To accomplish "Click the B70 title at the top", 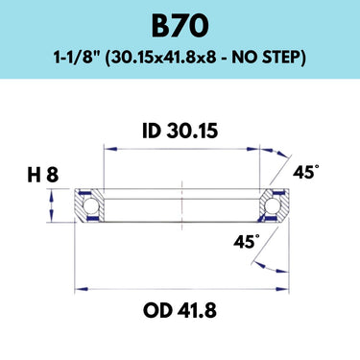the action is (180, 26).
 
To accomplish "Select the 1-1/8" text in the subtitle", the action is (78, 58).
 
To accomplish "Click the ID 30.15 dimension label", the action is (180, 132).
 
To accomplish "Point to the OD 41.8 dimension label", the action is (180, 310).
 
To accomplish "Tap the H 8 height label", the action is (43, 176).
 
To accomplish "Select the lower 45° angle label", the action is (247, 242).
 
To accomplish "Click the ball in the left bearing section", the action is (89, 205).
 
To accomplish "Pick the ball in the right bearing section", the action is (272, 205).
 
